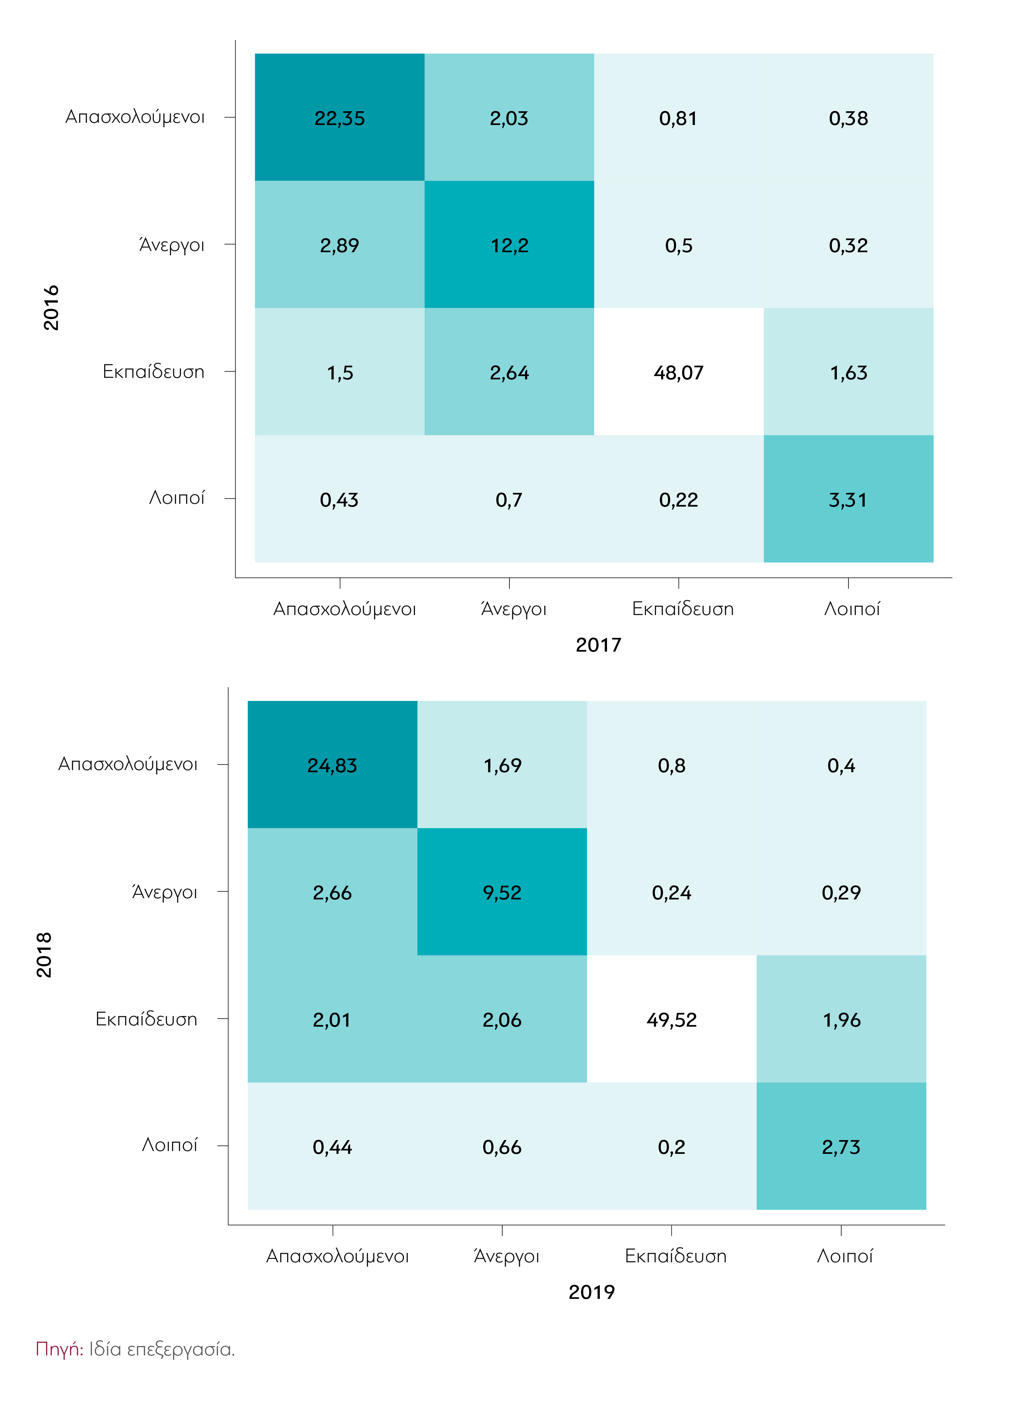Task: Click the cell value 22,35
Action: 339,118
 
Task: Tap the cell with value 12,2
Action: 509,246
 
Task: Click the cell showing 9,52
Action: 502,893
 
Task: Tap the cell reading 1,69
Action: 502,765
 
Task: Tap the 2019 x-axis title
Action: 591,1291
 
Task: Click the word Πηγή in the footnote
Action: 58,1349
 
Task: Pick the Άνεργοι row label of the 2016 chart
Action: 171,244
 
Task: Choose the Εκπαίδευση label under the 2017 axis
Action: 683,608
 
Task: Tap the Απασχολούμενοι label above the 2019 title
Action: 337,1256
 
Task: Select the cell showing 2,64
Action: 509,373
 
